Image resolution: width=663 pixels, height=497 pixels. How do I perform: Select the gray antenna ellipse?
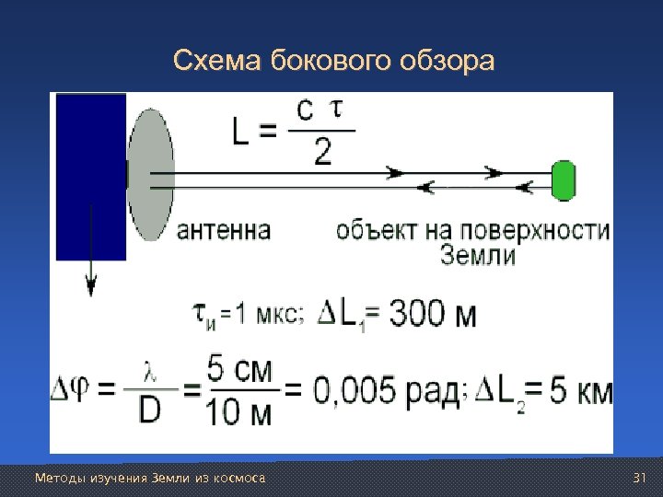[x=150, y=176]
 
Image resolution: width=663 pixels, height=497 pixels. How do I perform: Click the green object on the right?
[x=563, y=179]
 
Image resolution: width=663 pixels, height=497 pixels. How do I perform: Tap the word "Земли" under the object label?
[x=478, y=255]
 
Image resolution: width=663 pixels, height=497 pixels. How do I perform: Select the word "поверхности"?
[x=549, y=229]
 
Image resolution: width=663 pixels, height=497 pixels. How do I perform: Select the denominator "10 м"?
[x=240, y=413]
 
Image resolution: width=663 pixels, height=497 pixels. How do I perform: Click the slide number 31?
[x=641, y=478]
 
